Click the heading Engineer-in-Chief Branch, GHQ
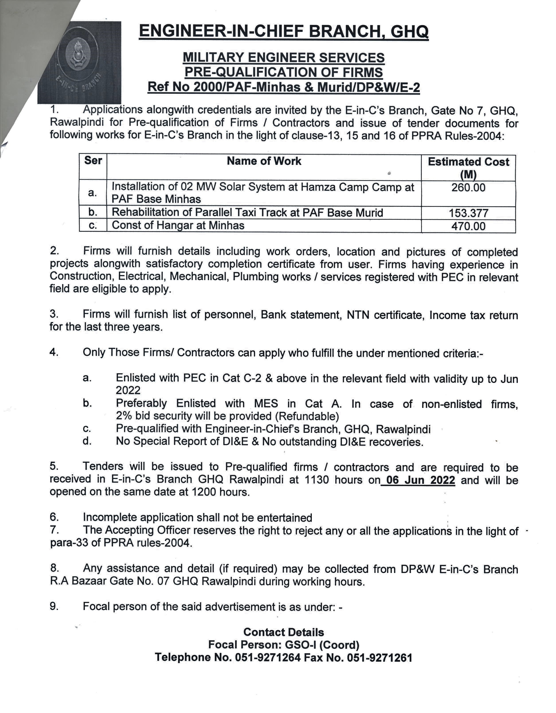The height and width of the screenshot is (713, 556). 283,32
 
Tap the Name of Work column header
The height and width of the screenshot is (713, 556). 264,161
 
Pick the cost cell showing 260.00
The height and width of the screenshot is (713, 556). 468,188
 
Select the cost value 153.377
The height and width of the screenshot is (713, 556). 468,213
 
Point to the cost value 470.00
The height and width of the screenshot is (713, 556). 468,226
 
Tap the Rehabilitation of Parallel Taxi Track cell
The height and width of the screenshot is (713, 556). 247,212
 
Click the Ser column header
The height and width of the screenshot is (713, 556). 93,160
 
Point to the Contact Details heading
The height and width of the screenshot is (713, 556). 283,632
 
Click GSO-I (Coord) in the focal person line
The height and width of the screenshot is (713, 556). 322,645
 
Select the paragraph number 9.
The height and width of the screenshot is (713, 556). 54,606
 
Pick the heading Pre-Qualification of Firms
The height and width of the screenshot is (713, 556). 283,72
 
